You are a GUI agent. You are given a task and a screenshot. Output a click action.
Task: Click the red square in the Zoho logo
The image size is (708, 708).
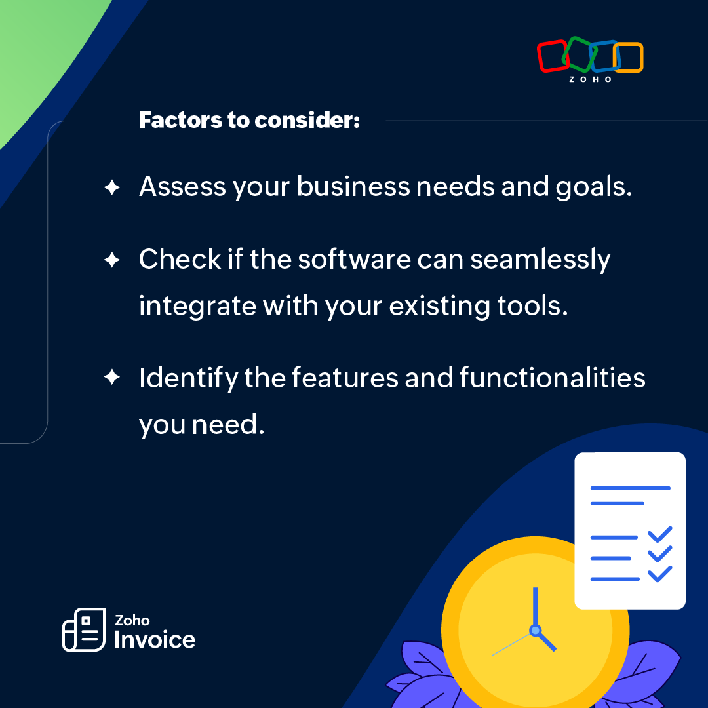point(552,56)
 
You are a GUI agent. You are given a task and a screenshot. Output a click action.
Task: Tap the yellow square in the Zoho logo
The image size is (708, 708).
point(630,58)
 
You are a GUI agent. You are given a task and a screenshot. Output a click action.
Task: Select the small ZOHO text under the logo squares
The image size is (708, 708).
point(590,79)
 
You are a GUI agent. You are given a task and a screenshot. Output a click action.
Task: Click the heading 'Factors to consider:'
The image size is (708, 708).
point(249,121)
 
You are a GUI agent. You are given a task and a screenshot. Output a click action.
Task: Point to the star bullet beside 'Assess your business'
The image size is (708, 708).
point(112,188)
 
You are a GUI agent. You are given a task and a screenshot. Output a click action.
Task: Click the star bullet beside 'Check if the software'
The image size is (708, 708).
point(112,260)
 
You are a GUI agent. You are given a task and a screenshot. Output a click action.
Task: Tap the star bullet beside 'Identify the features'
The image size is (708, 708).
point(112,378)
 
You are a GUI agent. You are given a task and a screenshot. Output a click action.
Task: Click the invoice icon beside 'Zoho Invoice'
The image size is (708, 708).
point(84,629)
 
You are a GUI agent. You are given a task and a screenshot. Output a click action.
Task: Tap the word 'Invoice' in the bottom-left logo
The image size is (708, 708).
point(155,639)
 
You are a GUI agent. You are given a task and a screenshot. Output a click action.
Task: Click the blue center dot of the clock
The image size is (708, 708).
point(535,631)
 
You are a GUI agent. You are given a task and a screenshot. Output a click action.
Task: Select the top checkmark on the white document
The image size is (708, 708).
point(659,534)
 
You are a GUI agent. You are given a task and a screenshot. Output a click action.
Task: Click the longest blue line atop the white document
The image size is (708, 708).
point(630,488)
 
